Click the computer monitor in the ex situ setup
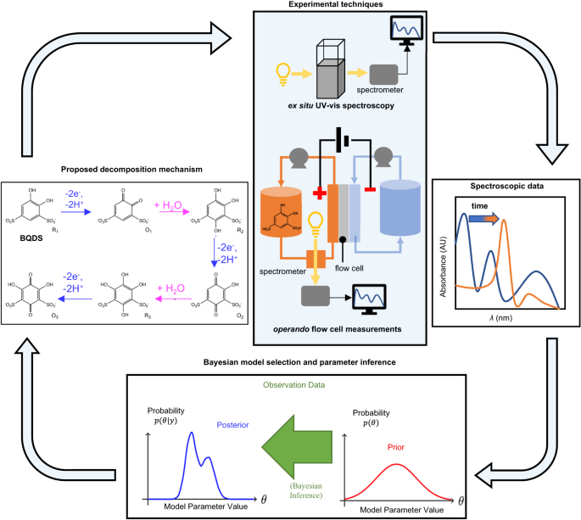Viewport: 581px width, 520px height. click(402, 33)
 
